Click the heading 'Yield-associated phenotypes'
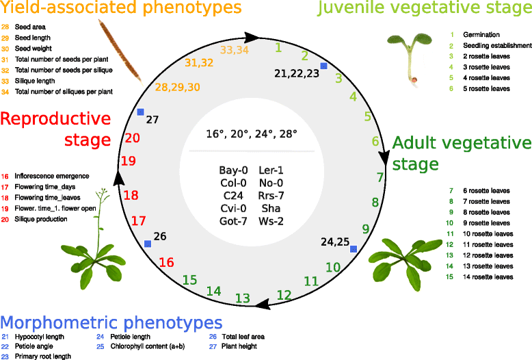pos(121,9)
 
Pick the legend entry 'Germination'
pos(481,34)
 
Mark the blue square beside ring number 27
pos(140,112)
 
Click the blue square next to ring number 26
pos(148,243)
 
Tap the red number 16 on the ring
pos(167,262)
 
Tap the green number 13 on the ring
pos(243,298)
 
